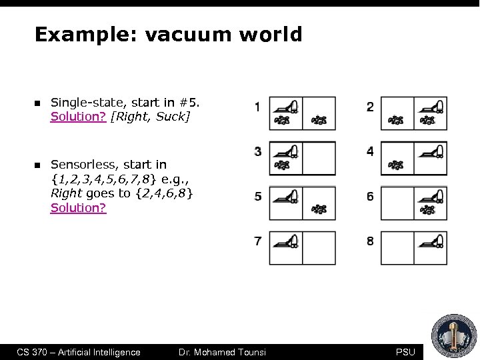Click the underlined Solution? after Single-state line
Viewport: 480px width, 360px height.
(79, 117)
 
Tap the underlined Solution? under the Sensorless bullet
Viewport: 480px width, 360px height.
(79, 208)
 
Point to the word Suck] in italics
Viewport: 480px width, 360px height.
(175, 117)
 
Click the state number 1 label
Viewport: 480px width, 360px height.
(257, 107)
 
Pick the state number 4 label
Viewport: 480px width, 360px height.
(370, 151)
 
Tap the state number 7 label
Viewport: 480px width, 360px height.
(257, 241)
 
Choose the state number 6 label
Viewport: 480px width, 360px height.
(370, 196)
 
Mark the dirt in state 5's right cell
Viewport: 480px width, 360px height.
(319, 210)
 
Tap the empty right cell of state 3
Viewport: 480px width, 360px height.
(319, 158)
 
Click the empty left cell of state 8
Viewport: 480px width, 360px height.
(397, 248)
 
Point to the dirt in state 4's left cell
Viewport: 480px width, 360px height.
(396, 165)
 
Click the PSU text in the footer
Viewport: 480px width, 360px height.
(405, 352)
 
